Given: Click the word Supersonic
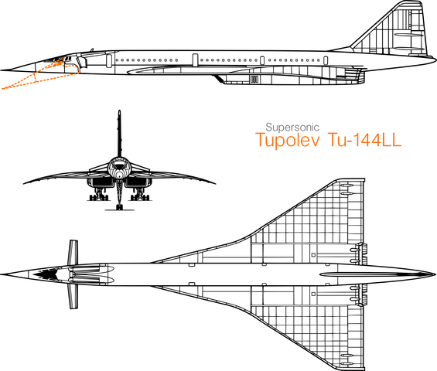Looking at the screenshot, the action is [x=292, y=128].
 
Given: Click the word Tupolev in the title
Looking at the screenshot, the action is [x=288, y=140].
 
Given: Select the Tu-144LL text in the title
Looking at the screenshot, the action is [x=364, y=140].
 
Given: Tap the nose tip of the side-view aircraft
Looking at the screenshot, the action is [x=1, y=70].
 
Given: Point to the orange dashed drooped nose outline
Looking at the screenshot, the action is [x=39, y=75].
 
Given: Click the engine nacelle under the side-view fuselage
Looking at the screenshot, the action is [x=290, y=79].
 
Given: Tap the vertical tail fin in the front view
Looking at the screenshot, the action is [x=120, y=134].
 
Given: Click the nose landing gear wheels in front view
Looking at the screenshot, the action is [x=119, y=207].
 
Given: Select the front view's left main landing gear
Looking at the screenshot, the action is [x=99, y=196].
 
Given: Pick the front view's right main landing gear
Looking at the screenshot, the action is [x=140, y=196].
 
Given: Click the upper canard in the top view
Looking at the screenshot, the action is [x=73, y=252].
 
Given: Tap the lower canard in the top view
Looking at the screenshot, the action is [x=73, y=296].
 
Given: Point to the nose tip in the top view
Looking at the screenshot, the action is [x=1, y=274].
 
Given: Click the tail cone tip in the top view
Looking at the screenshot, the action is [x=435, y=274].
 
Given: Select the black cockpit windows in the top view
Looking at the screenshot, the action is [x=46, y=274].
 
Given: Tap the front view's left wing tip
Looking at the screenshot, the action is [x=25, y=183].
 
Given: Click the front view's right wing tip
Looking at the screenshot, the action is [x=214, y=183].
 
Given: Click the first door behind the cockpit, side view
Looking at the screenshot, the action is [x=109, y=60].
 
